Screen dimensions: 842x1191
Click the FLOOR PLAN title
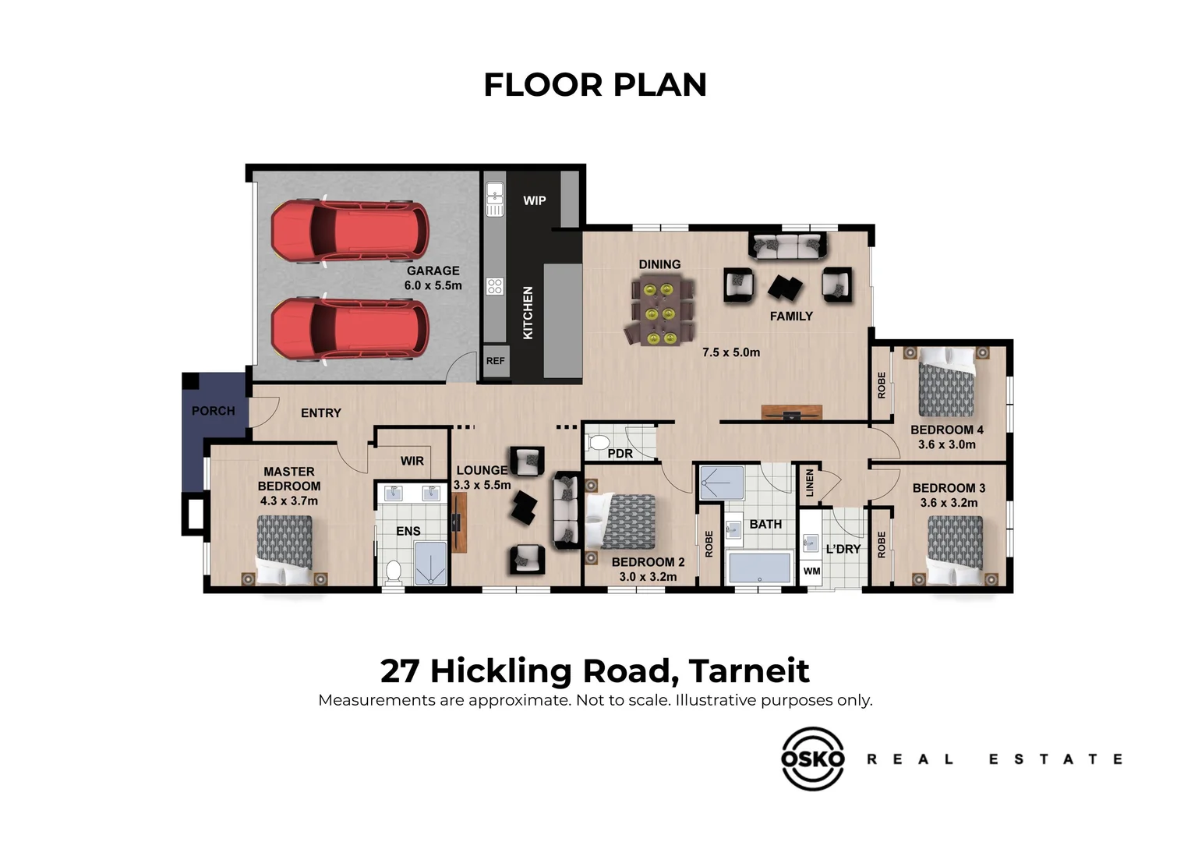click(595, 85)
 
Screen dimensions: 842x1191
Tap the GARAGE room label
click(433, 271)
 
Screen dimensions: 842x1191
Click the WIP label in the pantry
click(534, 200)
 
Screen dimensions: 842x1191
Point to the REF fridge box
click(495, 362)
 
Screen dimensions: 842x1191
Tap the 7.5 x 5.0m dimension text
click(730, 352)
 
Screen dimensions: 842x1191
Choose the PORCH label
click(213, 411)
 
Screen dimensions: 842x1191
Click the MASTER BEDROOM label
click(288, 479)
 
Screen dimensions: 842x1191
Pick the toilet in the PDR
click(599, 444)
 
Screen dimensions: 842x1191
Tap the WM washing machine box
click(811, 571)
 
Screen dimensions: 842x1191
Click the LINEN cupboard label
click(809, 483)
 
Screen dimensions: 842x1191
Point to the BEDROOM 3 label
click(949, 488)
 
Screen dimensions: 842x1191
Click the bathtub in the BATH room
click(759, 568)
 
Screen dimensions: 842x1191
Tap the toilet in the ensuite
click(394, 571)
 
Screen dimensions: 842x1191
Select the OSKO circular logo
click(813, 759)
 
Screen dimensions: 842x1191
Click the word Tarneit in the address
click(749, 671)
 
